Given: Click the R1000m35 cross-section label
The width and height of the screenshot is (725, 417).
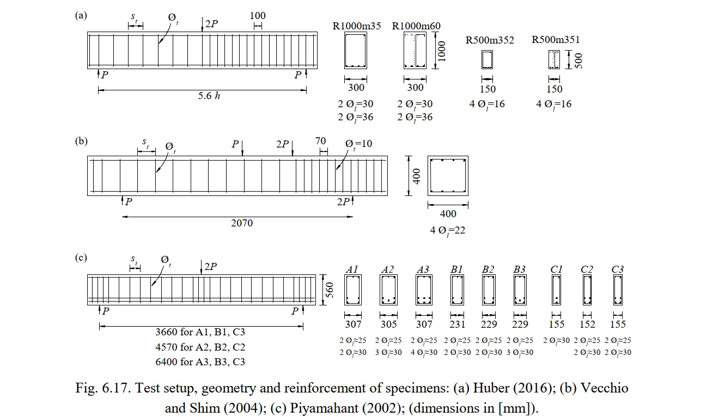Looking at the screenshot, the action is tap(356, 26).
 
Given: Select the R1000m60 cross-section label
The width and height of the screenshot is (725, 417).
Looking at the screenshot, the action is tap(416, 26).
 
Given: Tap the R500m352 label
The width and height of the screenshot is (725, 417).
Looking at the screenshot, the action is tap(489, 40).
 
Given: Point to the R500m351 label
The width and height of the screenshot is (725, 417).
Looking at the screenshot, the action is tap(556, 39).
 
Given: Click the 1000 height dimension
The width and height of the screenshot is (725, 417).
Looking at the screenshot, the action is tap(442, 51).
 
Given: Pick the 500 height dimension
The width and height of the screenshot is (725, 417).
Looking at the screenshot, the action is tap(578, 61).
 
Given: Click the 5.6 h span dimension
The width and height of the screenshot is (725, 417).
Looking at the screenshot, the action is tap(209, 96).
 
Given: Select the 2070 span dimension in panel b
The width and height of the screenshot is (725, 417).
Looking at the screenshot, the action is tap(242, 223).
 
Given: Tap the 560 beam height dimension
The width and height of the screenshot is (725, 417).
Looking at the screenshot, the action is tap(329, 290).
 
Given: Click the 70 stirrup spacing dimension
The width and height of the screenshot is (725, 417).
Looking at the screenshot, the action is tap(320, 141).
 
